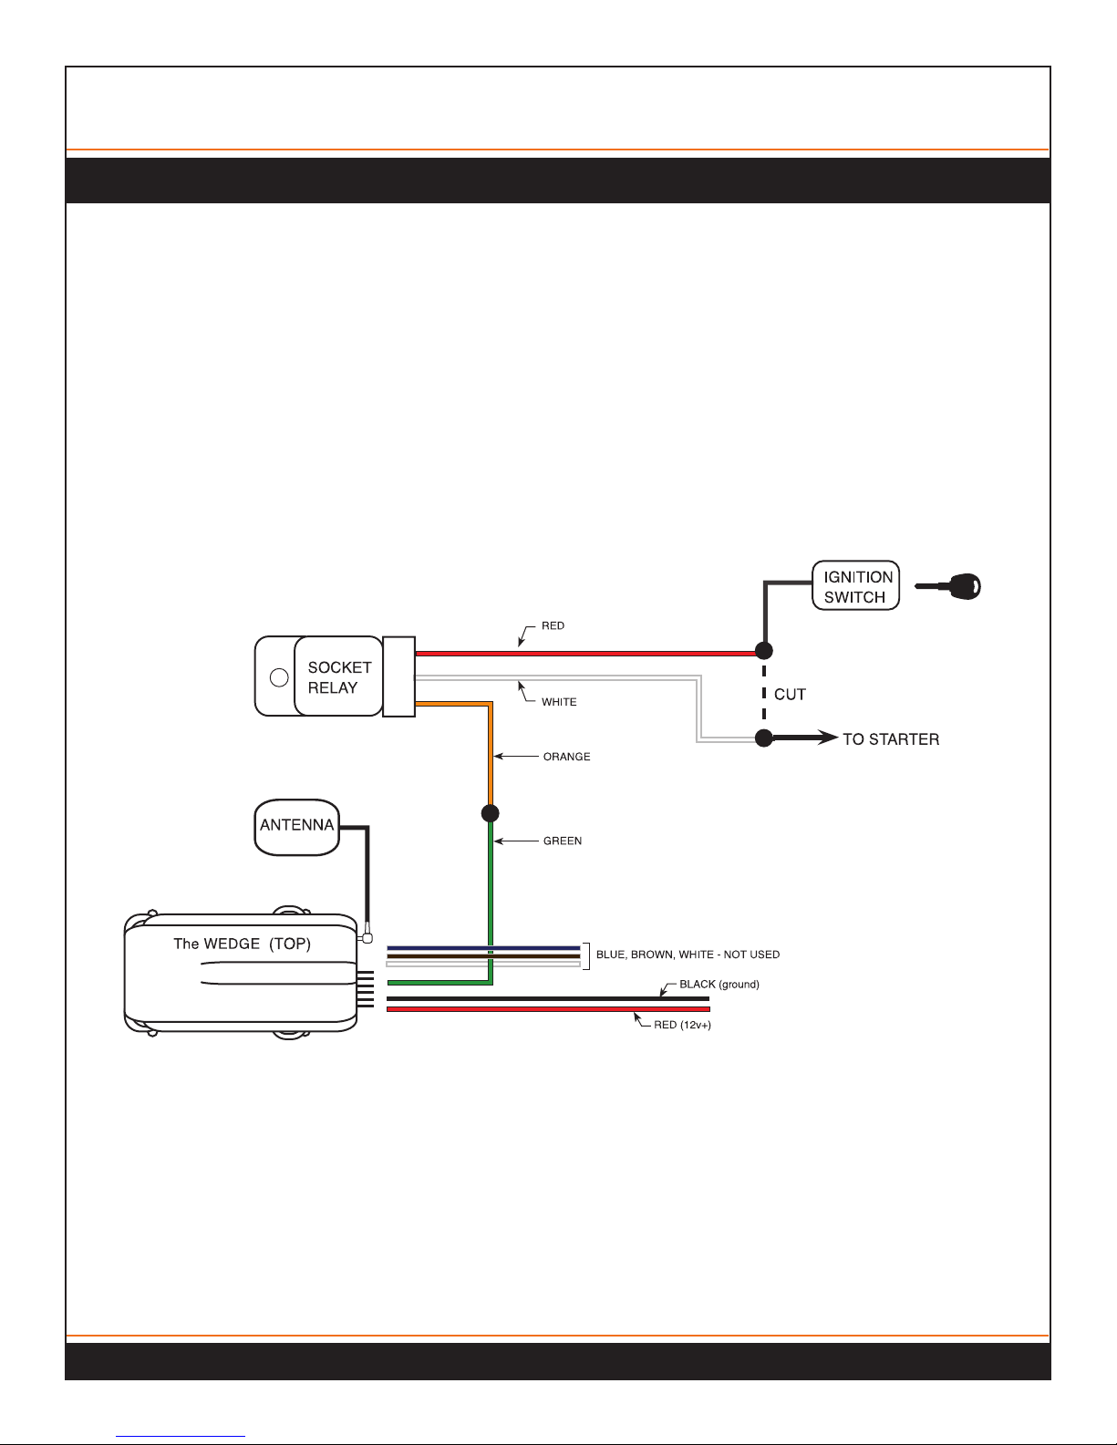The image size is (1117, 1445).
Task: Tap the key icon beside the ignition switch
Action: point(948,586)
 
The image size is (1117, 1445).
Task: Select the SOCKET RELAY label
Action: point(339,677)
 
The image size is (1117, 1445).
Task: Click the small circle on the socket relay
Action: point(279,677)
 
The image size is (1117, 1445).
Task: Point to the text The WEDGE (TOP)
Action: point(242,944)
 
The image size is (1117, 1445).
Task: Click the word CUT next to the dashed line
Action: point(790,695)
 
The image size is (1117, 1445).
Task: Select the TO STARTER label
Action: point(891,738)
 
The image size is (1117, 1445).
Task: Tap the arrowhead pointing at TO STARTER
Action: point(828,738)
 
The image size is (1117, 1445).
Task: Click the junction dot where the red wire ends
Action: point(764,650)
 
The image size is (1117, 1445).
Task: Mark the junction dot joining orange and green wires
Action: point(490,812)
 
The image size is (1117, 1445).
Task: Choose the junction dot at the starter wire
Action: point(764,738)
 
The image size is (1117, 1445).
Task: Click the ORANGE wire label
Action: point(566,757)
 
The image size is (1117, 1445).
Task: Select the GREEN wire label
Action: point(563,841)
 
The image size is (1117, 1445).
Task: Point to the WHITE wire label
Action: point(559,702)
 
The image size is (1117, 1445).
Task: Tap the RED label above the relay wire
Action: point(553,625)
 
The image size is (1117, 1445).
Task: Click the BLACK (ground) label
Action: point(719,985)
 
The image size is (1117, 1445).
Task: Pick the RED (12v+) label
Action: point(682,1025)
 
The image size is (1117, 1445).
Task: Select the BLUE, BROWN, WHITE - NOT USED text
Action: point(688,955)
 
